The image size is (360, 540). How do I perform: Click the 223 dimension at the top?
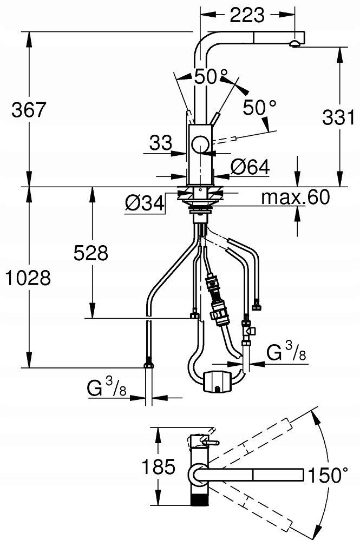click(247, 15)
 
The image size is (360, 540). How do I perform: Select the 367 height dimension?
click(29, 110)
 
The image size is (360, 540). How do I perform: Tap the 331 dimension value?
click(338, 117)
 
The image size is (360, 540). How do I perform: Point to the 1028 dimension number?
click(28, 278)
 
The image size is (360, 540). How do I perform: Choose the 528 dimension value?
click(90, 253)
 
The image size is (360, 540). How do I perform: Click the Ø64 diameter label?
click(250, 167)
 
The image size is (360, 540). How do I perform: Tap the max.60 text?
click(295, 197)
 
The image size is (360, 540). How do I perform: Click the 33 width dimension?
click(161, 143)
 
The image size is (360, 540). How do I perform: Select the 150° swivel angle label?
click(328, 475)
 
